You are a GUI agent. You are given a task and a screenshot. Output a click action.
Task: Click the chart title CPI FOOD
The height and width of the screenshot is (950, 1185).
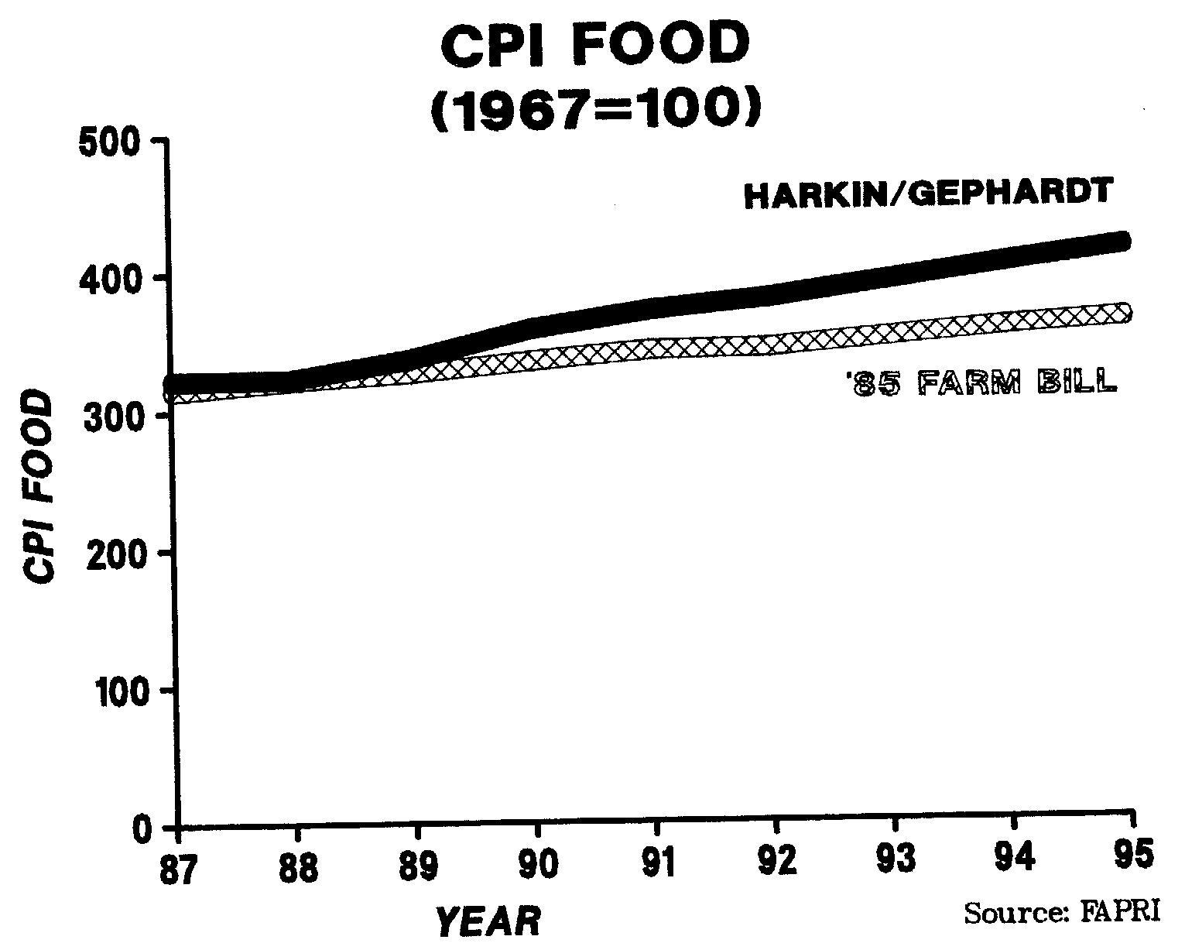tap(595, 45)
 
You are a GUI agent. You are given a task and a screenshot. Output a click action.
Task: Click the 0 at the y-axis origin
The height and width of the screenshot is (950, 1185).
tap(142, 828)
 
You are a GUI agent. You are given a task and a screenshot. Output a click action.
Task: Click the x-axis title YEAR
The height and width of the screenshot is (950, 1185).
tap(488, 921)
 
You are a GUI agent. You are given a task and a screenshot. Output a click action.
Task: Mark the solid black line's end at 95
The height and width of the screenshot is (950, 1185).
tap(1124, 241)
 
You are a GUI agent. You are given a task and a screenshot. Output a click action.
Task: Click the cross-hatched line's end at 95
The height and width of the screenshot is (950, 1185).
tap(1124, 313)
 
